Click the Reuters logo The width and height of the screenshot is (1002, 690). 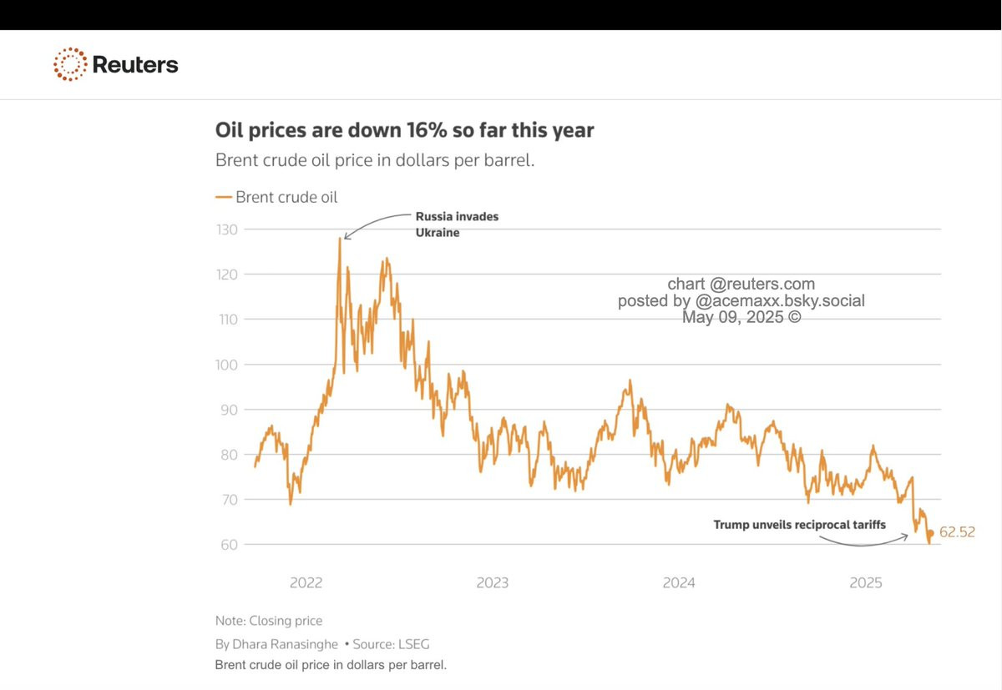coord(115,64)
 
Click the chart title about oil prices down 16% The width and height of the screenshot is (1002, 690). coord(405,130)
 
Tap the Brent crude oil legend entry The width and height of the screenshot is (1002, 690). coord(277,197)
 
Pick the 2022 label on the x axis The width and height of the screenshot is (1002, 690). coord(306,583)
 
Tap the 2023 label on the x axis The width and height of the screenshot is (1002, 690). coord(492,583)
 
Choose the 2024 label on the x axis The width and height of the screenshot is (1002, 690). coord(679,583)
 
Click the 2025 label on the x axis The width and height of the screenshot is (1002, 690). coord(866,583)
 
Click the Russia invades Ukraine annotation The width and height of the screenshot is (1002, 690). coord(457,224)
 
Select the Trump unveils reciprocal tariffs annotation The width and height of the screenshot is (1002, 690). coord(799,525)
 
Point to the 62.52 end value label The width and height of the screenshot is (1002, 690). coord(957,532)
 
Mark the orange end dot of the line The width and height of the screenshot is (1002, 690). coord(931,533)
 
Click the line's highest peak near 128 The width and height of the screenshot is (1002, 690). coord(340,239)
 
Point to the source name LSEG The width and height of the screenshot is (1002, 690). coord(414,644)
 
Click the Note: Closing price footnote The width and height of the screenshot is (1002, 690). coord(268,621)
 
